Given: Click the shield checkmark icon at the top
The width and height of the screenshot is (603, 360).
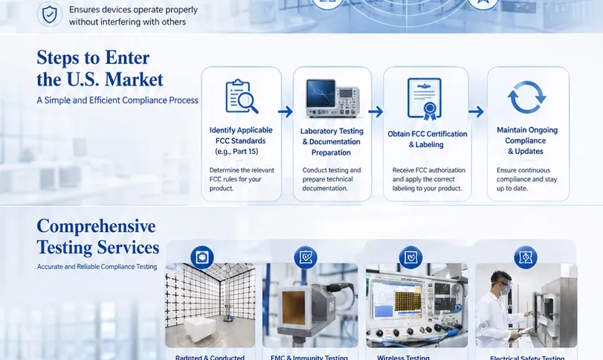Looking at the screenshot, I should tap(50, 14).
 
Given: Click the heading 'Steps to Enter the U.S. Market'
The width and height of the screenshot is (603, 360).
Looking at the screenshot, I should tap(100, 68).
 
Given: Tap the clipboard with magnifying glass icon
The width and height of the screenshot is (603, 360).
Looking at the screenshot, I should tap(242, 97).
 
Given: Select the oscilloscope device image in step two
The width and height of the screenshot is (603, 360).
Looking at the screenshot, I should tap(332, 98).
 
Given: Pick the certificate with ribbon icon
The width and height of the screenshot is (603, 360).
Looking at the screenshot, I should tap(425, 98).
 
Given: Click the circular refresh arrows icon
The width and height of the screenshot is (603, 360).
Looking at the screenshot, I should tap(526, 98).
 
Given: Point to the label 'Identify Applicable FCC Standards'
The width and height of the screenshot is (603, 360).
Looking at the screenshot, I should tap(242, 141).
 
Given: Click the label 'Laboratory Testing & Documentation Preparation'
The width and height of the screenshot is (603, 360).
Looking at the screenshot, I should tap(332, 141).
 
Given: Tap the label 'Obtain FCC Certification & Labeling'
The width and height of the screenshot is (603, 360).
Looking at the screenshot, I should tap(428, 139).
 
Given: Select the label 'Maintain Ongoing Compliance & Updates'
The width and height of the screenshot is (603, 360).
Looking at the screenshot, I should tap(526, 141).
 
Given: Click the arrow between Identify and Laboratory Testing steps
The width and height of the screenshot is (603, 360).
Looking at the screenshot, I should tap(285, 112).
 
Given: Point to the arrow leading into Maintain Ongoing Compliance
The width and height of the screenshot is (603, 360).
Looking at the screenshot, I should tap(476, 112).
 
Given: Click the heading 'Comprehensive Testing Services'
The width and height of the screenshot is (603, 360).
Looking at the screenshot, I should tap(97, 237).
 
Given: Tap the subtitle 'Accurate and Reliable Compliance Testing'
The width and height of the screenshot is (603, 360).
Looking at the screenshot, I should tap(97, 266).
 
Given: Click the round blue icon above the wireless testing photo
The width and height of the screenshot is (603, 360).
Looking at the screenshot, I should tap(410, 257).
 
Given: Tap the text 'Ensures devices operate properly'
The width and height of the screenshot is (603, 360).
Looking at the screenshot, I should tap(133, 10).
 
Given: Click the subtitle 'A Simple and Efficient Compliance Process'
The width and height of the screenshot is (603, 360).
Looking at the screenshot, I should tap(117, 100).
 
